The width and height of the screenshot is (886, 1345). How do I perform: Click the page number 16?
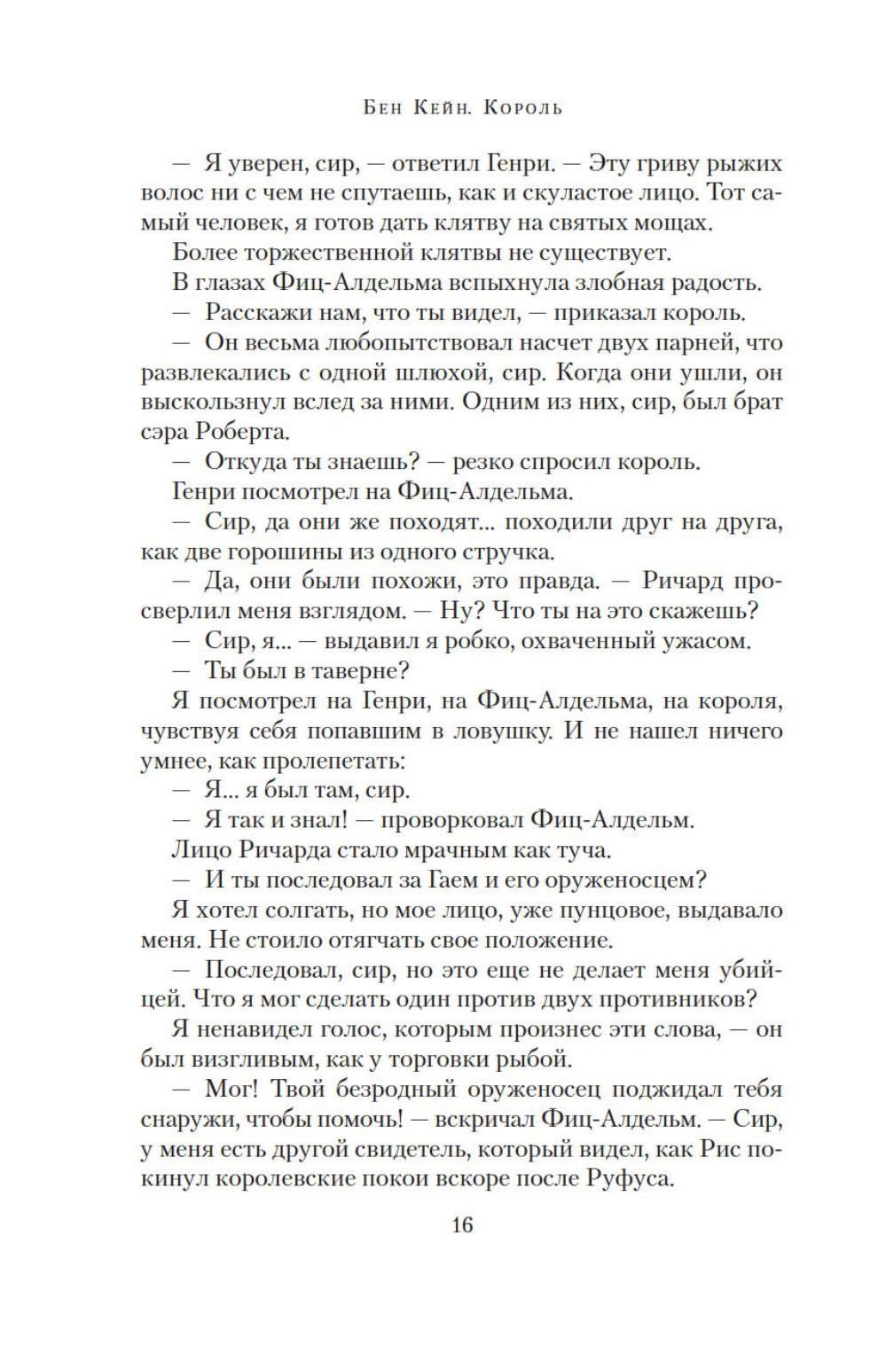click(462, 1225)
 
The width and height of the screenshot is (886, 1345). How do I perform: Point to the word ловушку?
click(478, 731)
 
